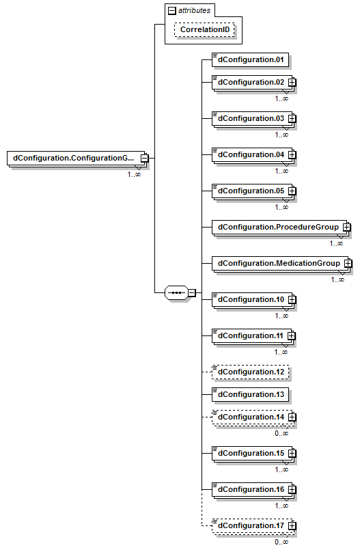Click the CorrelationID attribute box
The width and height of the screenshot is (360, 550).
[x=204, y=29]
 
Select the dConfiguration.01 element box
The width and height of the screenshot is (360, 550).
[x=250, y=59]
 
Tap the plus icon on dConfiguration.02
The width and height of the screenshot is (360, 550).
[x=292, y=83]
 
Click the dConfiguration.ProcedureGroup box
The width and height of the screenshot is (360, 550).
[x=279, y=228]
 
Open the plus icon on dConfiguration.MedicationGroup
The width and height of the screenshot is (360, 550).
[x=348, y=263]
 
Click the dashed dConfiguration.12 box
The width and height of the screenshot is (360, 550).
[x=250, y=372]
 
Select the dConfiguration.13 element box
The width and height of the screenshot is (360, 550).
[x=250, y=394]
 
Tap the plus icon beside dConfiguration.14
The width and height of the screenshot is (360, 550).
[x=292, y=417]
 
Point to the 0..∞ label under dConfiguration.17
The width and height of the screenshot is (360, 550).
[x=281, y=542]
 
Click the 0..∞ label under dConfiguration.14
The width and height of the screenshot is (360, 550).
[x=281, y=433]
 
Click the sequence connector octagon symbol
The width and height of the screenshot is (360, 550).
[x=177, y=292]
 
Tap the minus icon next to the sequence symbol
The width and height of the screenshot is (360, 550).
[x=192, y=292]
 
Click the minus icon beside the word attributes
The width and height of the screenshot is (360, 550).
[x=171, y=11]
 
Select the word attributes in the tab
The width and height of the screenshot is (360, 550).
[x=194, y=10]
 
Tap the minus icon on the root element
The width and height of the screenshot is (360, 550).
[x=144, y=159]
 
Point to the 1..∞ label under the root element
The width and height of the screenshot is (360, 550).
[x=134, y=174]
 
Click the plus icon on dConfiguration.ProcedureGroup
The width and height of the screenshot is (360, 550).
[x=346, y=227]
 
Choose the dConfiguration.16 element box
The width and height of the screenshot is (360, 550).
[x=252, y=489]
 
